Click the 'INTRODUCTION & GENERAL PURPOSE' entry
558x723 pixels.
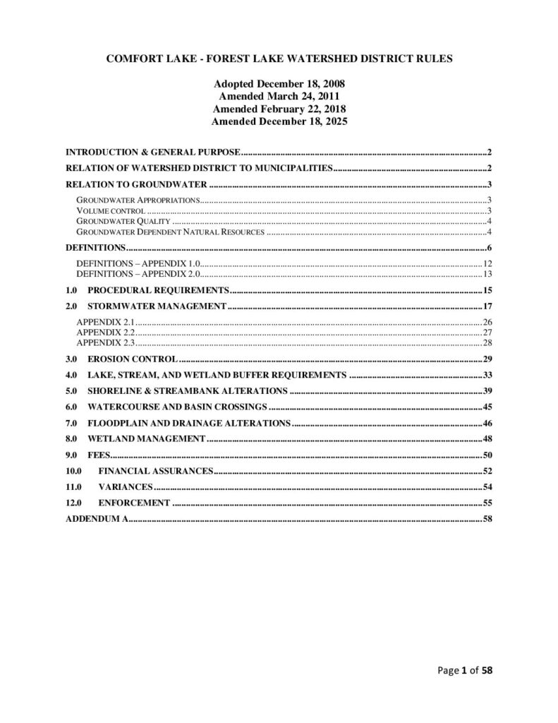pyautogui.click(x=154, y=153)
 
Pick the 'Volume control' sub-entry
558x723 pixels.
pyautogui.click(x=110, y=211)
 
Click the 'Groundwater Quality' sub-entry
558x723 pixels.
pyautogui.click(x=123, y=222)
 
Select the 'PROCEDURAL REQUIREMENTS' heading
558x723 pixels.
pyautogui.click(x=158, y=291)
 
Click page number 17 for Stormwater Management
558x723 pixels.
pyautogui.click(x=487, y=306)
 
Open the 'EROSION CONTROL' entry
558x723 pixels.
pyautogui.click(x=132, y=359)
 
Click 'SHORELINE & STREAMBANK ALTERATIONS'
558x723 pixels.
pyautogui.click(x=187, y=390)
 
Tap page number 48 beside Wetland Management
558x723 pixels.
pyautogui.click(x=487, y=439)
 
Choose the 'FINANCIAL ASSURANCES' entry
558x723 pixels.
pyautogui.click(x=155, y=471)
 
